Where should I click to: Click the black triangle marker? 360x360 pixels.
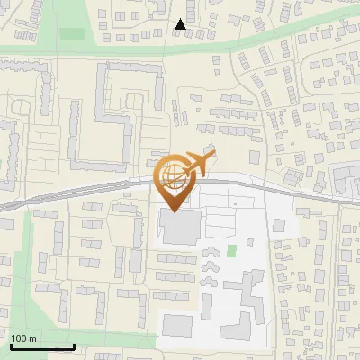[181, 25]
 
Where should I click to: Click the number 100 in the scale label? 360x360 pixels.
[19, 338]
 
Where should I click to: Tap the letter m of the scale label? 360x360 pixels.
[31, 338]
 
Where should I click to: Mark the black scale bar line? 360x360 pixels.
[41, 346]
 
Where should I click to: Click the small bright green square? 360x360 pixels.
[232, 249]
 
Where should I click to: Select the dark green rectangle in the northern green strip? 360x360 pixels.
[72, 34]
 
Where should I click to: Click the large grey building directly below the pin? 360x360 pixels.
[181, 227]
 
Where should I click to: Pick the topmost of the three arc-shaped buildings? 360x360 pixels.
[212, 253]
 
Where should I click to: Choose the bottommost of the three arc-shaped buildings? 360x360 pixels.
[212, 273]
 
